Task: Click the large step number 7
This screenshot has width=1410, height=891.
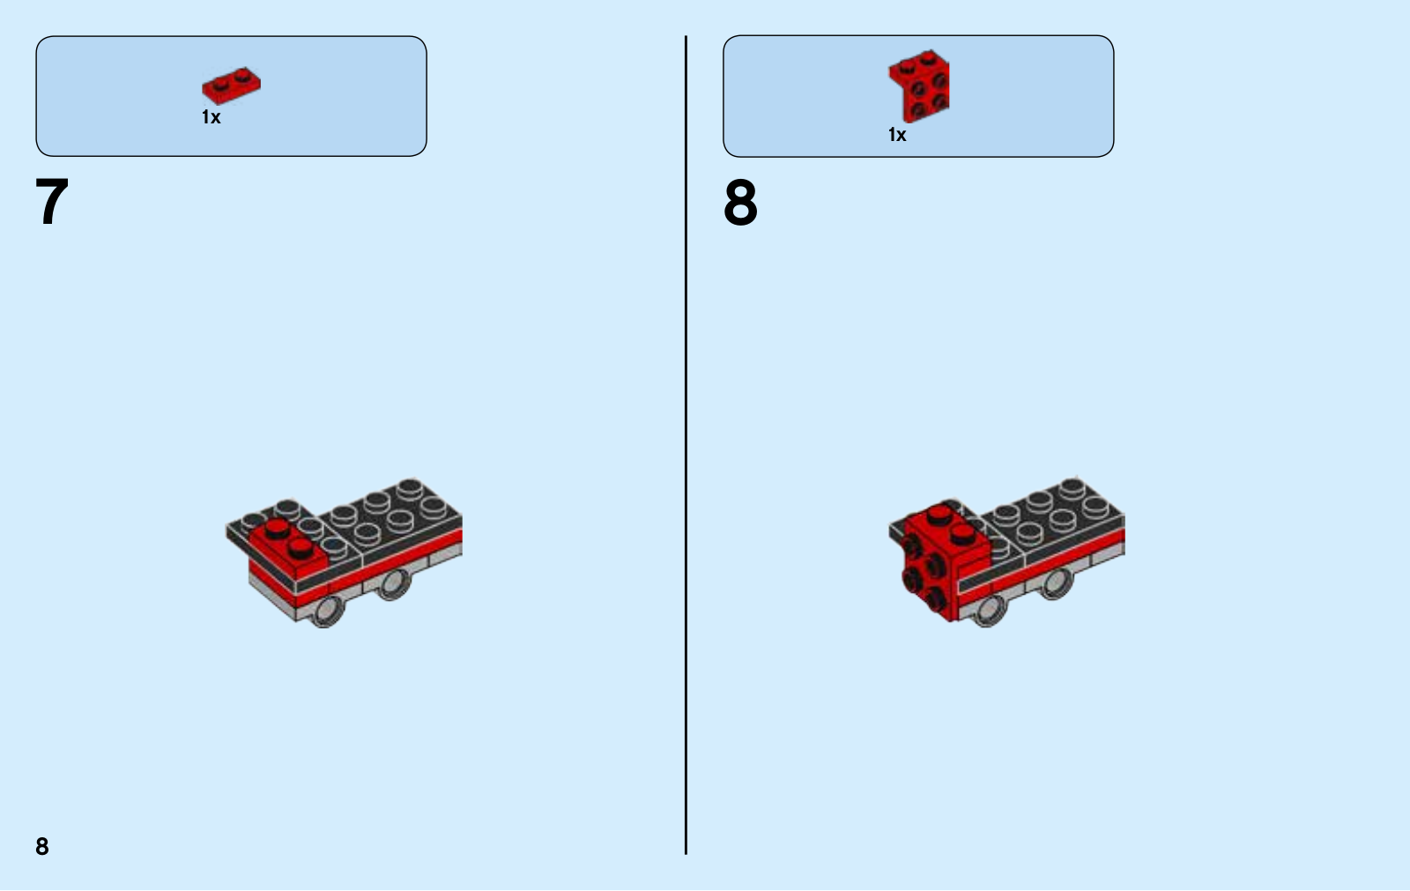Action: (52, 202)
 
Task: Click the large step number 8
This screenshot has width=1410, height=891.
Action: (740, 202)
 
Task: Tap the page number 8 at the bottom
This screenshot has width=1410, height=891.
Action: (42, 846)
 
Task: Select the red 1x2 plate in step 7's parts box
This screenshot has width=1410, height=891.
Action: (231, 85)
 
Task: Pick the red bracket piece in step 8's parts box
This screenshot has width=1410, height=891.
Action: (920, 85)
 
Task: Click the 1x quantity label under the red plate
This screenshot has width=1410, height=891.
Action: (211, 117)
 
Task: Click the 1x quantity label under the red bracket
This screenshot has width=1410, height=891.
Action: (897, 135)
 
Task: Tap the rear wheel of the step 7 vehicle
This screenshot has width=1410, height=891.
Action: (393, 583)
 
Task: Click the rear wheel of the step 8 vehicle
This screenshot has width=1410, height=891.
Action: (1057, 583)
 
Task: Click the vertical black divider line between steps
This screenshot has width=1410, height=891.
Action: (686, 445)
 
